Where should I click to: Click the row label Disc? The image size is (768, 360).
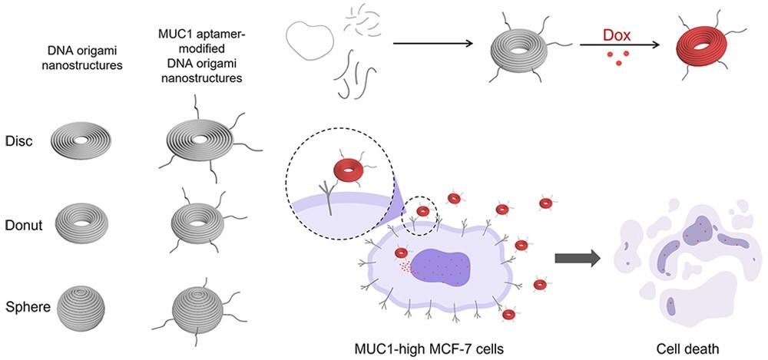[x=17, y=142]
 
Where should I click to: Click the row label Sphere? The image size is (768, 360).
[x=23, y=307]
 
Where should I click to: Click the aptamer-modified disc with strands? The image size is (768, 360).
[x=201, y=143]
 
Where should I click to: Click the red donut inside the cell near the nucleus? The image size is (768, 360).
[x=402, y=253]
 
